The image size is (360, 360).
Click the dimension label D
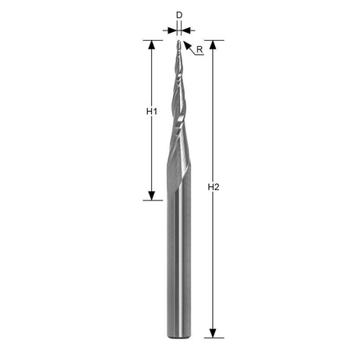point(179,16)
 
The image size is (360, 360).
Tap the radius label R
point(200,49)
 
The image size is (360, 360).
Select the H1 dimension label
point(152,112)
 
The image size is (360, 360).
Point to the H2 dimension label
point(214,187)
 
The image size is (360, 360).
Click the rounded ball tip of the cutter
point(179,42)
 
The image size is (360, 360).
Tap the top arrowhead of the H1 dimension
point(152,45)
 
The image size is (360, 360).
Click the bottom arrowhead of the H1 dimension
point(152,196)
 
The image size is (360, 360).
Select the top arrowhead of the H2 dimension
point(213,45)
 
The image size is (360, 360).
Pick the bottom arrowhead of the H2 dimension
point(213,333)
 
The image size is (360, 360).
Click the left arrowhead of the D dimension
point(172,31)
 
